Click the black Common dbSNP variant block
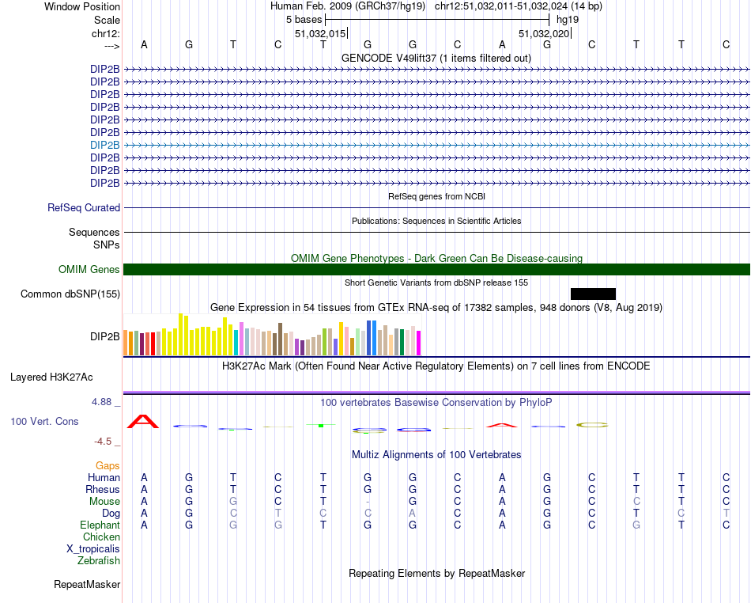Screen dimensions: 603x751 point(593,294)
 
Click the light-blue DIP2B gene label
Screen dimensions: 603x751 point(105,145)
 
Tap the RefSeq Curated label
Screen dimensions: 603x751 point(84,208)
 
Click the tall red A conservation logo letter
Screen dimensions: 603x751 point(144,421)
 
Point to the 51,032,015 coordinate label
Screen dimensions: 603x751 point(320,34)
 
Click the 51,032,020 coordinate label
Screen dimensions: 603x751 point(544,34)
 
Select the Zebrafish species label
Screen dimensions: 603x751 point(99,561)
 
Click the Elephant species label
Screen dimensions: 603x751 point(100,525)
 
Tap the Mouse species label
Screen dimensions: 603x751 point(104,501)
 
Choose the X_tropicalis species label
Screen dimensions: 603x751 point(93,549)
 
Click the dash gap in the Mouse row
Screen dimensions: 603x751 point(368,502)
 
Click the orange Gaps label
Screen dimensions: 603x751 point(108,466)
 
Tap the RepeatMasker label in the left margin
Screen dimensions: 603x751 point(87,585)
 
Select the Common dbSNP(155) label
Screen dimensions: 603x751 point(70,294)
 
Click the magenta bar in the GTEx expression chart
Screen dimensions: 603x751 point(418,343)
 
